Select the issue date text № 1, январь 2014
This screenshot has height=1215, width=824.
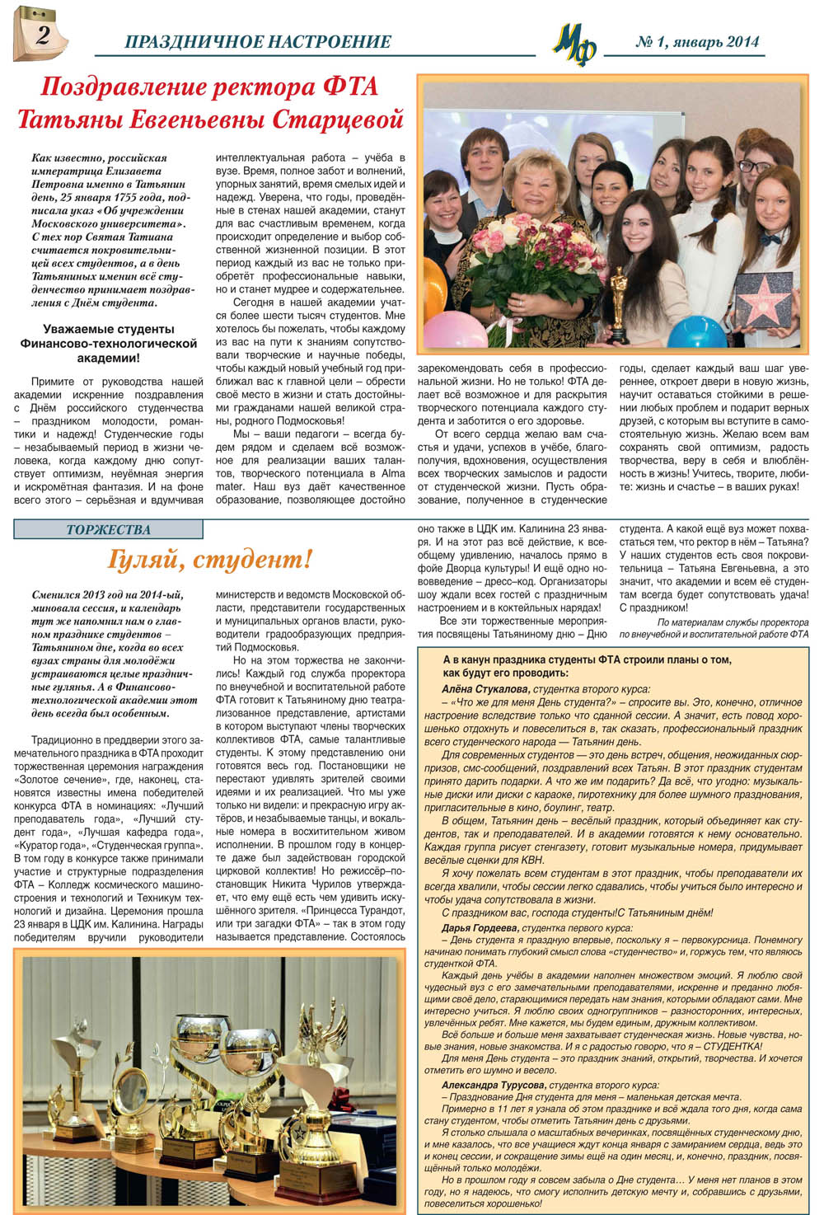(697, 42)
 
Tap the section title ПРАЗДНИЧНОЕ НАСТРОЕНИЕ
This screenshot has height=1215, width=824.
(258, 41)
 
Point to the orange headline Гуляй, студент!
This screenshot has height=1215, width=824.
(210, 560)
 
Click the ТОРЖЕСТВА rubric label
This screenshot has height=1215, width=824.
(108, 529)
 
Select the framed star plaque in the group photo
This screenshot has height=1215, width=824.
(763, 298)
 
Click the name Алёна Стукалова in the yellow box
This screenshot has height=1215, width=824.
(485, 688)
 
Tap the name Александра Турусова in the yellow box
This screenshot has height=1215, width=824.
(493, 1086)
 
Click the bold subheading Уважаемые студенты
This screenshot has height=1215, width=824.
(108, 330)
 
